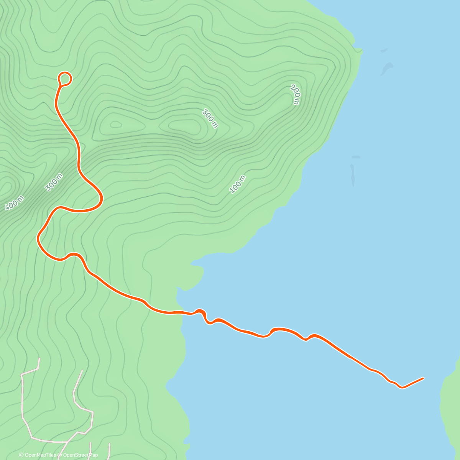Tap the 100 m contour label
pos(237,184)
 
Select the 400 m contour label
pos(15,203)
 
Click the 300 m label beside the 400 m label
pos(54,182)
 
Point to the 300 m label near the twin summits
pos(210,118)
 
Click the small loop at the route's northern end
pos(65,79)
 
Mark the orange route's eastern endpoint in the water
pos(423,378)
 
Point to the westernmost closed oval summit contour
pos(115,124)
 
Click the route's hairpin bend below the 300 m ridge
pos(101,199)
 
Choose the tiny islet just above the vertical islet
pos(356,157)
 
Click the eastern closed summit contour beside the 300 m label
pos(183,125)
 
